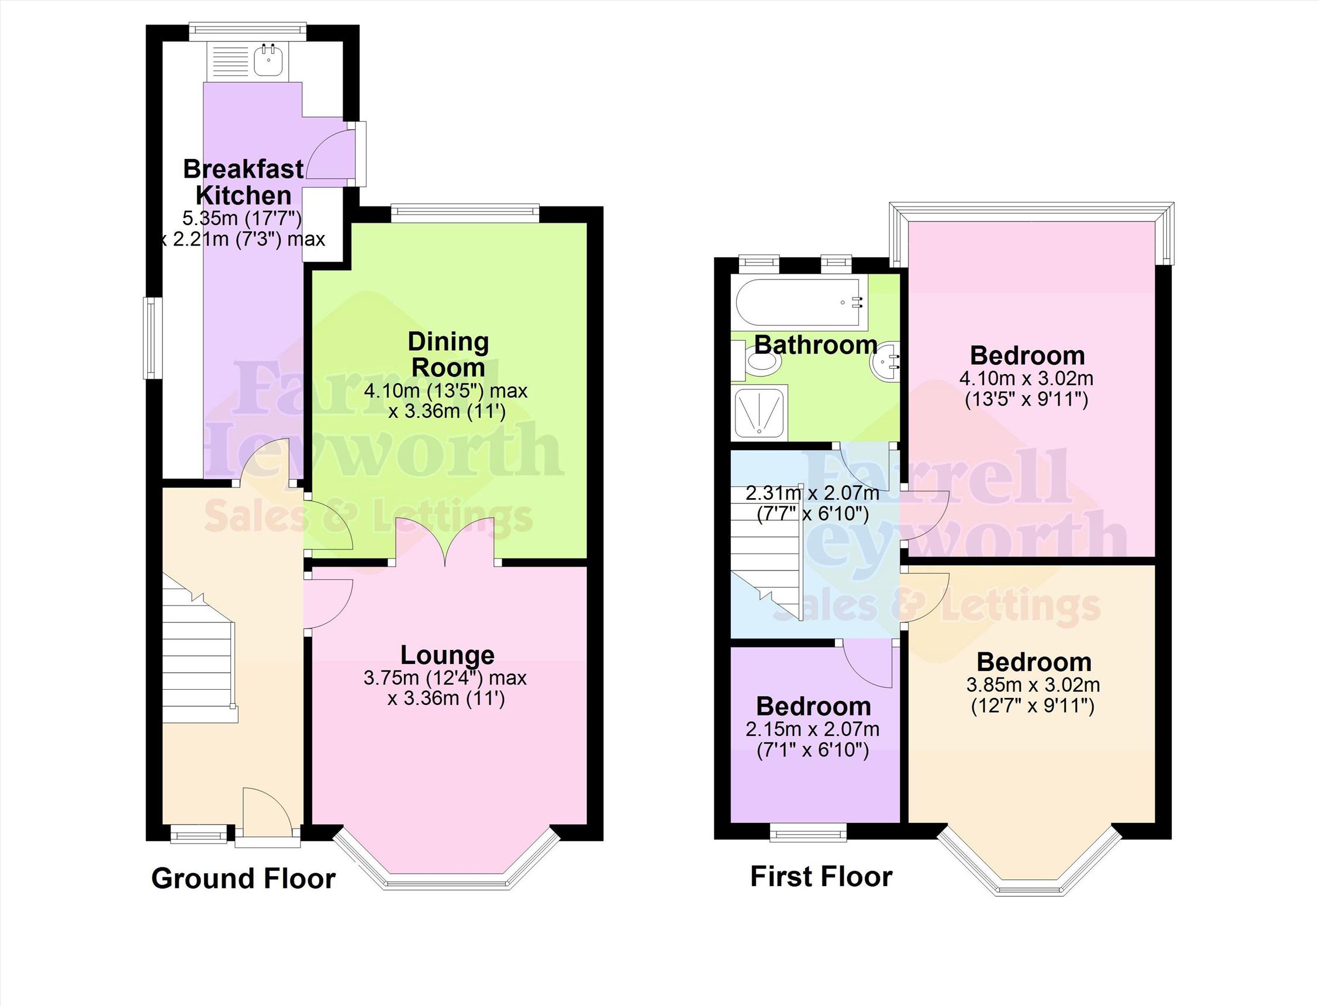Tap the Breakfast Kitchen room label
coord(243,182)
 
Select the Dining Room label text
coord(448,354)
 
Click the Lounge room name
coord(447,655)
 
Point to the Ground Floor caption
coord(243,879)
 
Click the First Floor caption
coord(821,877)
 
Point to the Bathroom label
coord(815,345)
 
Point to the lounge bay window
coord(447,883)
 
